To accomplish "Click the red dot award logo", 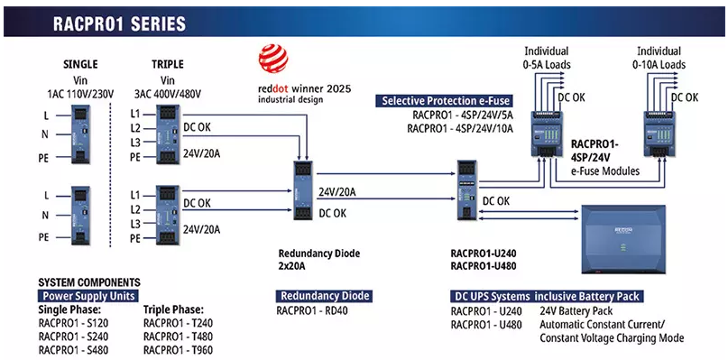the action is pyautogui.click(x=273, y=58).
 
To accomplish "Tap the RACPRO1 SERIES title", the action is pyautogui.click(x=119, y=23).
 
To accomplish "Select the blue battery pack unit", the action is pyautogui.click(x=623, y=240).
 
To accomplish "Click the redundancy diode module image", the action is pyautogui.click(x=303, y=191).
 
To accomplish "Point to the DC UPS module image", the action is pyautogui.click(x=466, y=190).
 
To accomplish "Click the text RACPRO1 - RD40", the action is pyautogui.click(x=312, y=310).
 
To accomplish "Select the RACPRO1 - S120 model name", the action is pyautogui.click(x=73, y=323).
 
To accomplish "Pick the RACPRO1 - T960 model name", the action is pyautogui.click(x=179, y=350).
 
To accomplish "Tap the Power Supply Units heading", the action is pyautogui.click(x=88, y=296).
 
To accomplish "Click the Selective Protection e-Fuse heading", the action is pyautogui.click(x=447, y=101).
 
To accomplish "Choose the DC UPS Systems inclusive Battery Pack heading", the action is pyautogui.click(x=547, y=296).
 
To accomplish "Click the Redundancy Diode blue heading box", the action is pyautogui.click(x=324, y=296).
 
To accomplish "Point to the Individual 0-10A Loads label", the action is pyautogui.click(x=659, y=58).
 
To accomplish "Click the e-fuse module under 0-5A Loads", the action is pyautogui.click(x=547, y=133).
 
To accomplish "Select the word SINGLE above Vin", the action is pyautogui.click(x=80, y=64).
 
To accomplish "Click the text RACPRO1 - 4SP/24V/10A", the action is pyautogui.click(x=460, y=128).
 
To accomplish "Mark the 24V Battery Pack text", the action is pyautogui.click(x=576, y=310).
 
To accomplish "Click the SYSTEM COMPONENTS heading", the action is pyautogui.click(x=89, y=282).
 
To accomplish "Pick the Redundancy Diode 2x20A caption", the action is pyautogui.click(x=319, y=260).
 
